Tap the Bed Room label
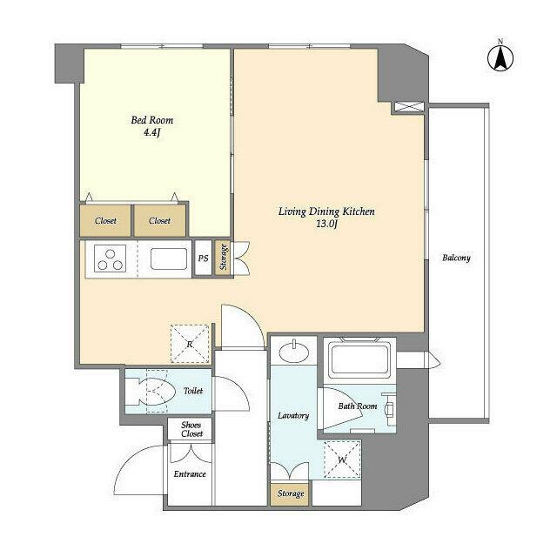pos(152,120)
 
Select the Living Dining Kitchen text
pos(326,211)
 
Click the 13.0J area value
pos(326,225)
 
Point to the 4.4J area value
pos(152,133)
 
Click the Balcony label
pos(456,258)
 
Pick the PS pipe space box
pos(204,258)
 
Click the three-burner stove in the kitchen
pos(111,259)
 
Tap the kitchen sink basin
pos(169,259)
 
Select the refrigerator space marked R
pos(190,344)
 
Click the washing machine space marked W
pos(342,460)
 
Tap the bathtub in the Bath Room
pos(359,359)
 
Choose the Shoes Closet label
pos(191,429)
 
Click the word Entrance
pos(190,473)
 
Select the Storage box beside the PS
pos(223,258)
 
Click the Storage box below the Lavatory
pos(290,493)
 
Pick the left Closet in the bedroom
pos(105,220)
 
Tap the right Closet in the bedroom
pos(159,220)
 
